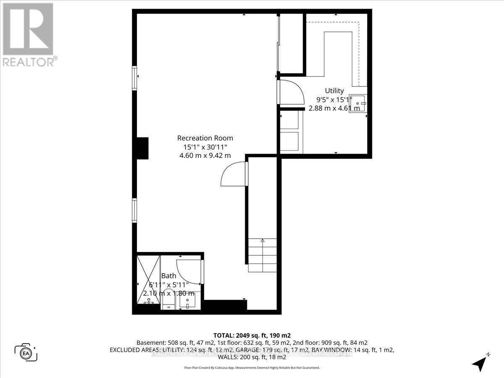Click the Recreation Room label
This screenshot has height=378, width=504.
click(x=205, y=138)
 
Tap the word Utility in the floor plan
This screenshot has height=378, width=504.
click(x=334, y=90)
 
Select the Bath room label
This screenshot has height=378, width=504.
click(x=169, y=276)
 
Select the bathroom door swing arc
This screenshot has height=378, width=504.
click(x=187, y=270)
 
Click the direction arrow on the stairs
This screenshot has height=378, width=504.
click(x=262, y=241)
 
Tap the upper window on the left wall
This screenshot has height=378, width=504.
click(x=135, y=78)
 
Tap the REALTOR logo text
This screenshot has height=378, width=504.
click(x=29, y=62)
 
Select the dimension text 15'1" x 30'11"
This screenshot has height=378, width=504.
click(x=205, y=147)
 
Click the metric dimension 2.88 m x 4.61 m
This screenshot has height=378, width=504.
click(x=334, y=108)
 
